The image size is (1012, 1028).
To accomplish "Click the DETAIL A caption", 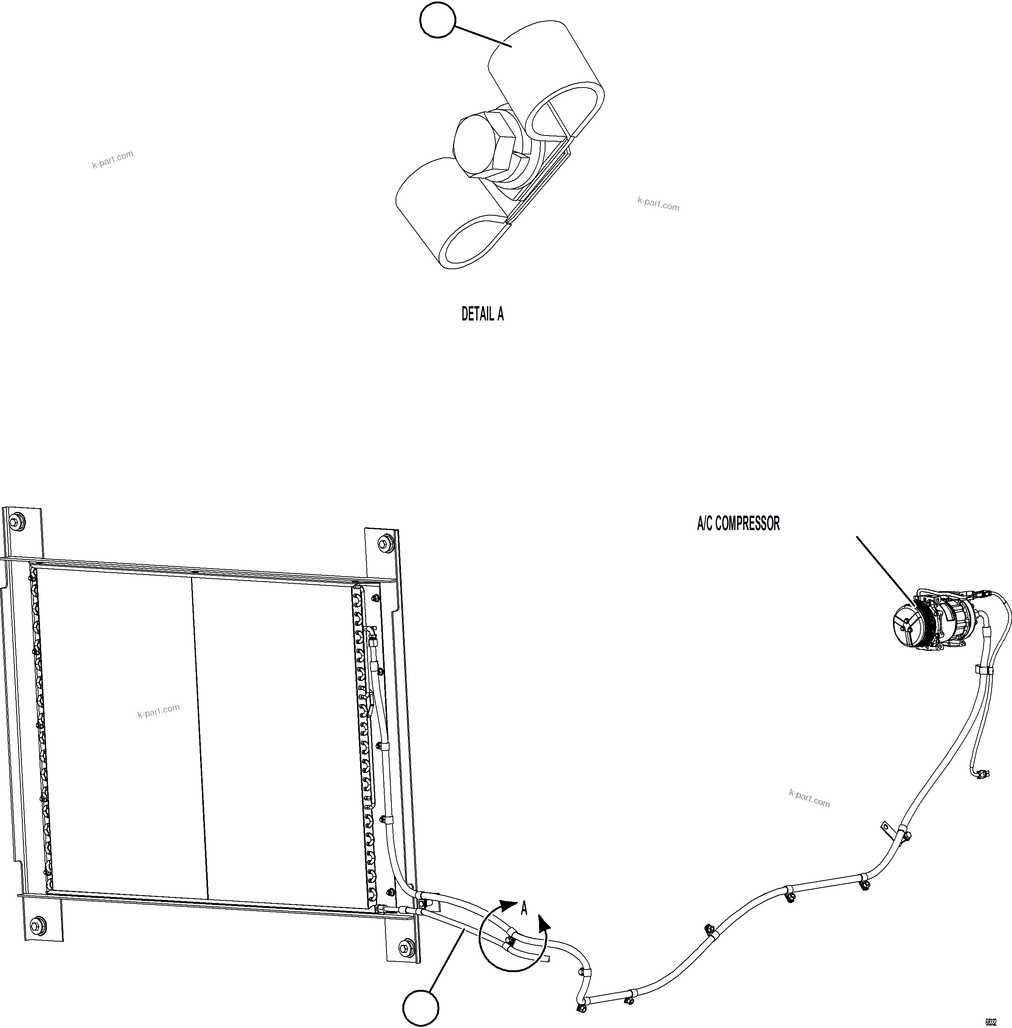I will tap(482, 314).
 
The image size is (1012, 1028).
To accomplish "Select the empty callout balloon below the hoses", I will tap(421, 1008).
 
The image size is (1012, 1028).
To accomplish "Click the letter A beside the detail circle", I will tap(524, 908).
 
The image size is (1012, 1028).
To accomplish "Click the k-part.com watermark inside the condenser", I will tap(159, 711).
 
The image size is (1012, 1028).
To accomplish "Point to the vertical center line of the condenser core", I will tap(199, 739).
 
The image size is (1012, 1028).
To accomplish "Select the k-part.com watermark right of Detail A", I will tap(658, 203).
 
